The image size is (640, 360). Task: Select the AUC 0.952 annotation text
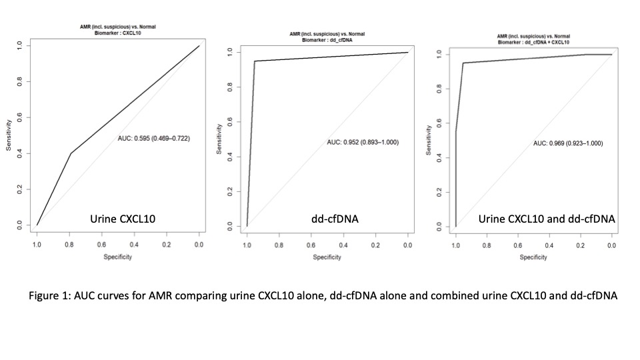363,142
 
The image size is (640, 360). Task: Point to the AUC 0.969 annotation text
568,143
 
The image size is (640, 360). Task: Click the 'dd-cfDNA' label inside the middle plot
333,218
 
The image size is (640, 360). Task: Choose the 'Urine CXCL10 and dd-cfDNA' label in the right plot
546,219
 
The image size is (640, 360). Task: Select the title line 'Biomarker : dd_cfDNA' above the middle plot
327,39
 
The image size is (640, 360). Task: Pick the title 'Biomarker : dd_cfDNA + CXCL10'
534,41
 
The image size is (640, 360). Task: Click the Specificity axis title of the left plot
117,257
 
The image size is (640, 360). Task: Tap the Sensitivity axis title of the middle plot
219,139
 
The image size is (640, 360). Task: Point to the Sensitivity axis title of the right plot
428,139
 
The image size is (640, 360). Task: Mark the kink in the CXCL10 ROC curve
71,153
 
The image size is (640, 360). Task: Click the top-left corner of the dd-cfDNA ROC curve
255,61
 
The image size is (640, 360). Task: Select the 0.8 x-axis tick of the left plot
69,245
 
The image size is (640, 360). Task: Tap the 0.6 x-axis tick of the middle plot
311,246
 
